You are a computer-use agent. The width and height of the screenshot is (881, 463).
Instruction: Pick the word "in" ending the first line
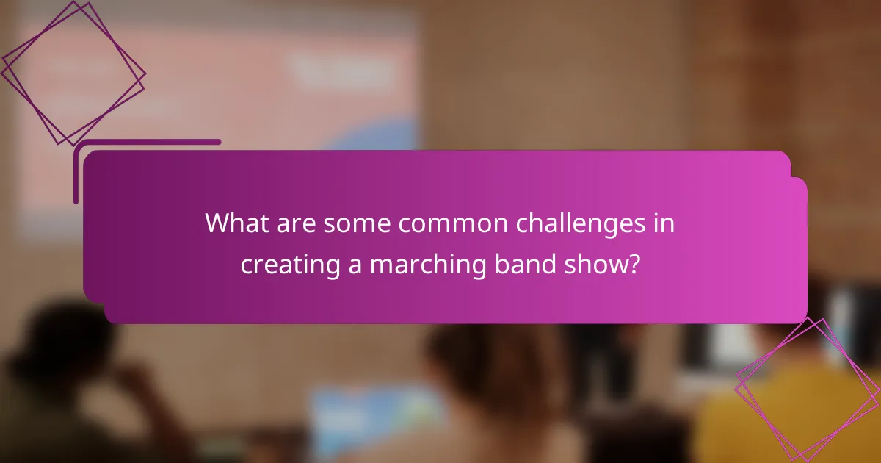[x=664, y=223]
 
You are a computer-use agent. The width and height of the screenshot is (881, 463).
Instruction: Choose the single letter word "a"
[x=355, y=265]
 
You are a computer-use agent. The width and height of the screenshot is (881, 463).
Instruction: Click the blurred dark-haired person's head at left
[x=70, y=345]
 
